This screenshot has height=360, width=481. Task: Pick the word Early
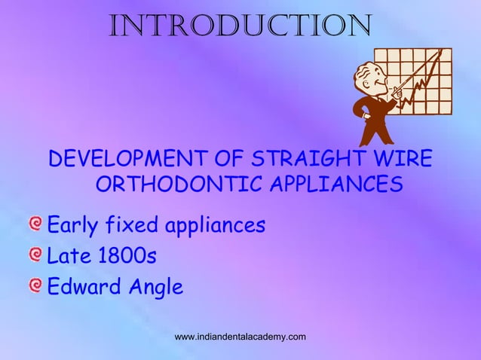74,224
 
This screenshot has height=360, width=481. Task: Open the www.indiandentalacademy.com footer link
240,336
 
